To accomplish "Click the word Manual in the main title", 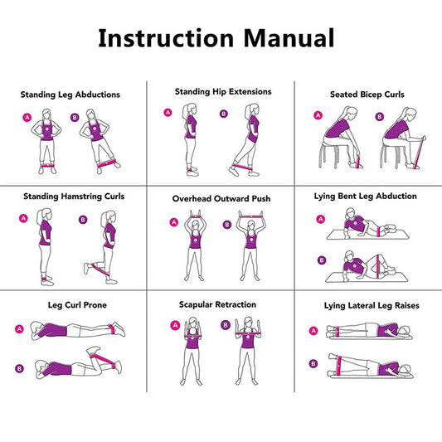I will (288, 38).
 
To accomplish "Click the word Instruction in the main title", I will (167, 38).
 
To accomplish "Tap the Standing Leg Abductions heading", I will (70, 95).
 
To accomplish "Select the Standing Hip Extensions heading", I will (223, 91).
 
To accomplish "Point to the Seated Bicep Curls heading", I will (367, 95).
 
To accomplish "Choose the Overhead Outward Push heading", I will (221, 199).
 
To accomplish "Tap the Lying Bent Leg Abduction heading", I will (366, 197).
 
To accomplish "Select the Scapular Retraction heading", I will (217, 304).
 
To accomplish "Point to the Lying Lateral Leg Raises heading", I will (372, 306).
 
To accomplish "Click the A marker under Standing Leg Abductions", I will (27, 118).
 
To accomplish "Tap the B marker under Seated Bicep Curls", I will (381, 117).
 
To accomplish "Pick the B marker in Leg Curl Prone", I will (19, 368).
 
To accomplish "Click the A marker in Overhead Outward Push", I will (174, 222).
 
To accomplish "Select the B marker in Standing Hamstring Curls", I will (82, 220).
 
